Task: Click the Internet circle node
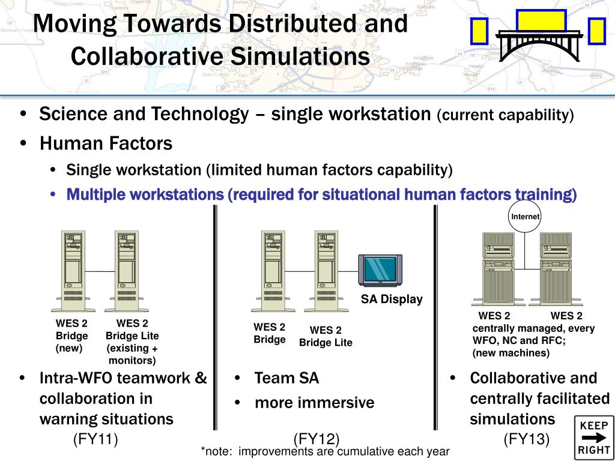525,217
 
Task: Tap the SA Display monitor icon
381,271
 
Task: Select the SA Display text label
392,300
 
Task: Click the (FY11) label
95,439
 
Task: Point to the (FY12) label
317,439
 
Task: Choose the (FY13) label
527,439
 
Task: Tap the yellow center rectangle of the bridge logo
541,20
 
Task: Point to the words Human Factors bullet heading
106,143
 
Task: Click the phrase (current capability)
505,115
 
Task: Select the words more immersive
314,402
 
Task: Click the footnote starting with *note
325,451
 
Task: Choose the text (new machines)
511,353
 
